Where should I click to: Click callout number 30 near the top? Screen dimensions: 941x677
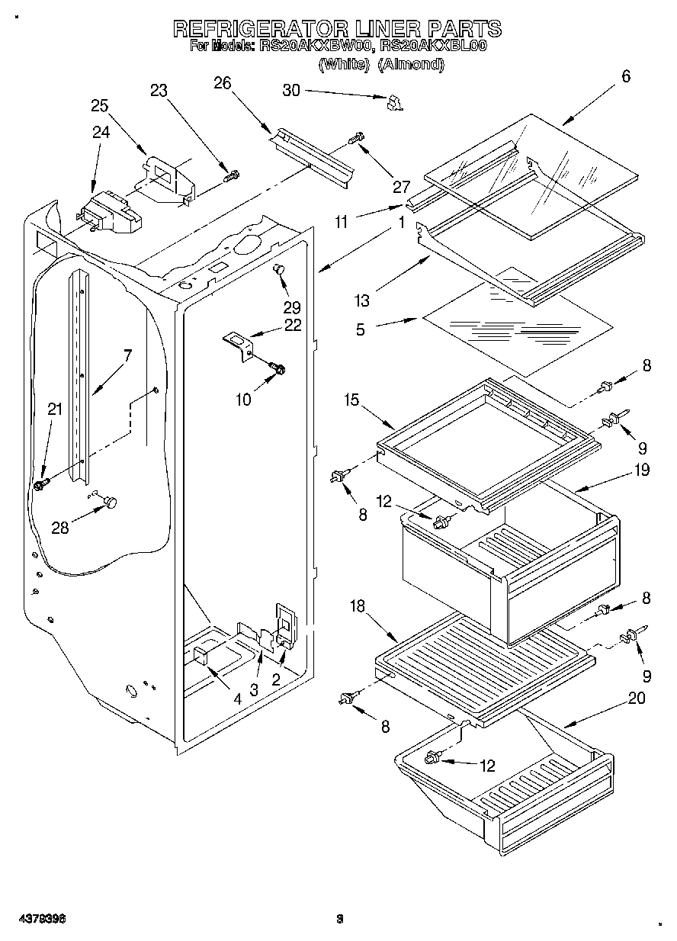291,90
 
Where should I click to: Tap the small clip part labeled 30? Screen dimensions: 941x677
394,103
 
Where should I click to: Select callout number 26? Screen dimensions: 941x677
222,84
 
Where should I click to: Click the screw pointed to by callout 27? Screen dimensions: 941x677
356,140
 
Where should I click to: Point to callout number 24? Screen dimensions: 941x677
101,132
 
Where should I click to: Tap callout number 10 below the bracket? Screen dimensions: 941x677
242,398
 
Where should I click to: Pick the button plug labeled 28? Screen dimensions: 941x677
111,501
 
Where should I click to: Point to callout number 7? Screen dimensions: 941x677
127,355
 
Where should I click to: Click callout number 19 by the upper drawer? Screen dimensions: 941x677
640,470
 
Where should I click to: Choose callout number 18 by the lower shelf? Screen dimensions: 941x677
358,606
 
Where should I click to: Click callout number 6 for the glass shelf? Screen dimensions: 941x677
625,75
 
